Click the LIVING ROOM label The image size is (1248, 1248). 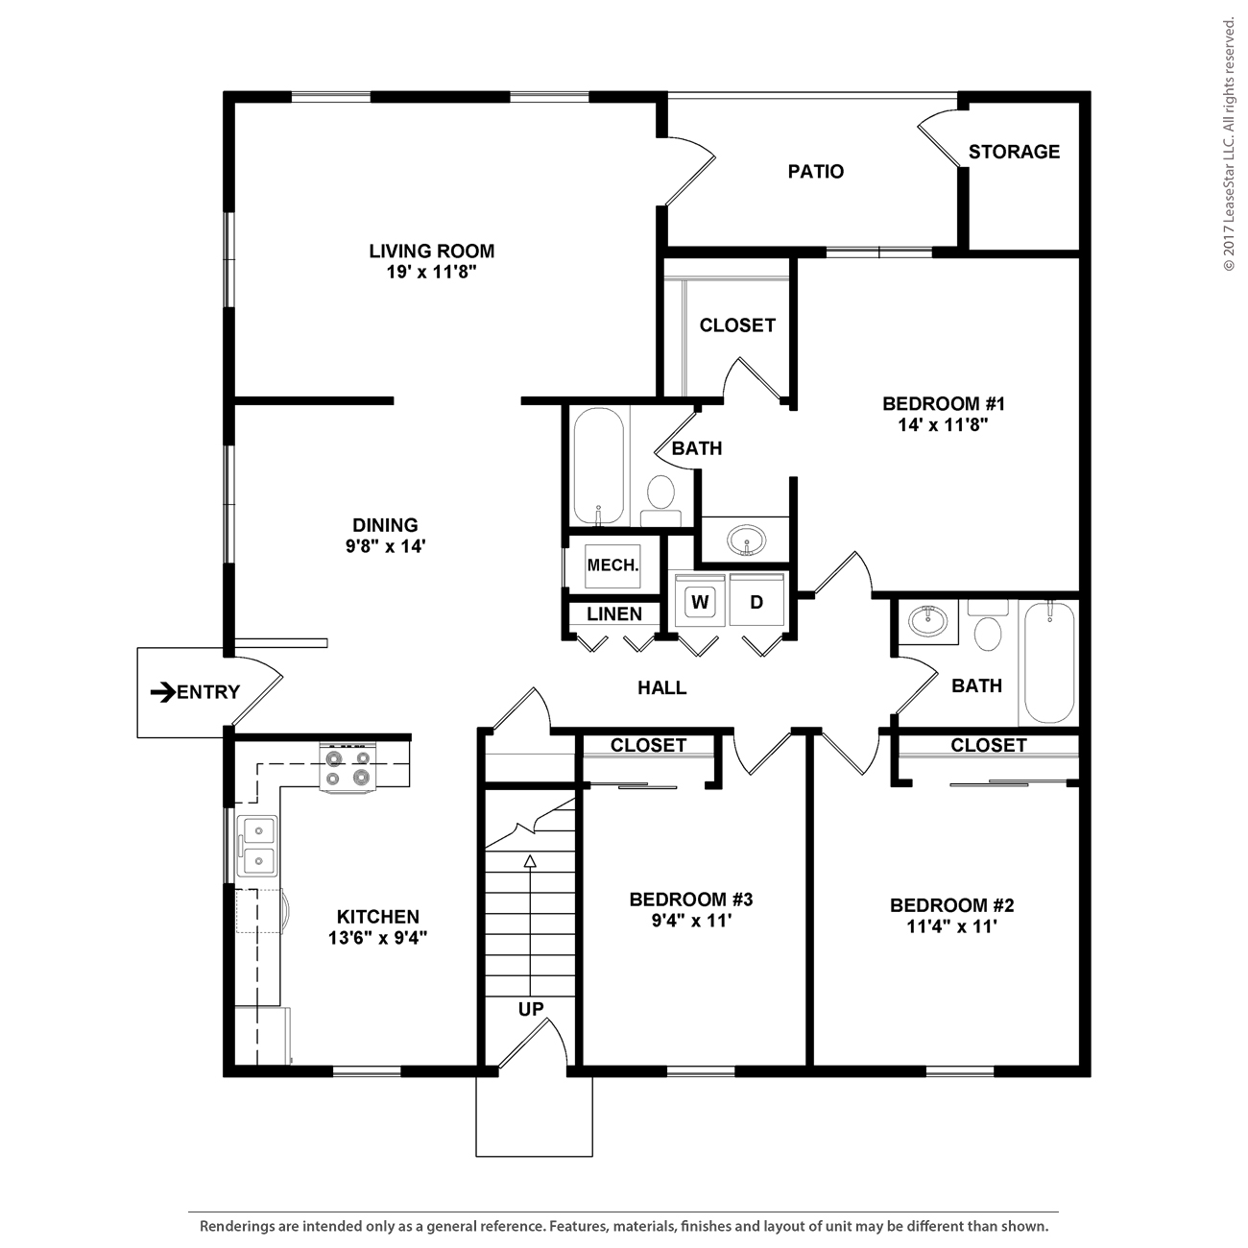click(x=431, y=251)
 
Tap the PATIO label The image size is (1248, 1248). click(x=815, y=172)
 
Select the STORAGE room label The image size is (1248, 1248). click(x=1014, y=152)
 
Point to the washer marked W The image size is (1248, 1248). click(x=700, y=602)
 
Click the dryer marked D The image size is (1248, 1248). click(x=756, y=602)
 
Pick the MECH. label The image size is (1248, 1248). click(x=612, y=565)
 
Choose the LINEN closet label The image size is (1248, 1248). click(x=614, y=614)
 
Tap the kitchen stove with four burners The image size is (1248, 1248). click(x=348, y=767)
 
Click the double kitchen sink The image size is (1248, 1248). click(x=258, y=846)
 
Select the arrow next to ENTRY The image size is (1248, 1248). click(x=163, y=692)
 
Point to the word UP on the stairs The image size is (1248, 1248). click(x=531, y=1009)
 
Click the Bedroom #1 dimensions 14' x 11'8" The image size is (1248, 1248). click(x=943, y=425)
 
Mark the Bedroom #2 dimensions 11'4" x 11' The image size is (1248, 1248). click(x=951, y=926)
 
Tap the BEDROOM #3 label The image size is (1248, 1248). click(x=691, y=899)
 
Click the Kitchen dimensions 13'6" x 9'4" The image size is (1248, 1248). click(x=377, y=937)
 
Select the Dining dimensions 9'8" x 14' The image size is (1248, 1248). click(x=385, y=546)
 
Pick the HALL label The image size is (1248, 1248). click(x=661, y=687)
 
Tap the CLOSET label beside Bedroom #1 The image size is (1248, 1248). click(x=737, y=325)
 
